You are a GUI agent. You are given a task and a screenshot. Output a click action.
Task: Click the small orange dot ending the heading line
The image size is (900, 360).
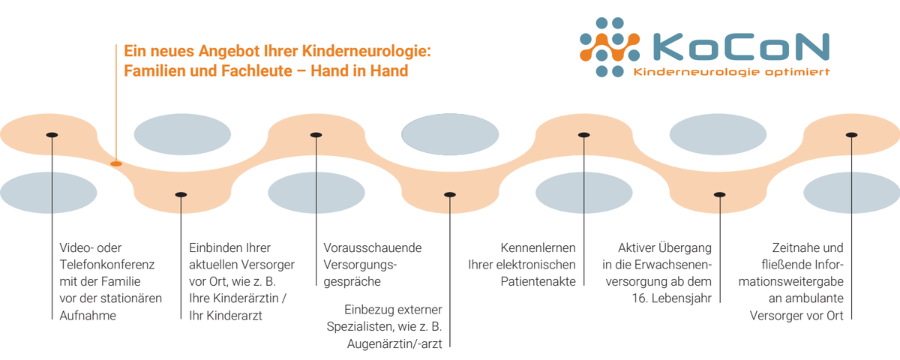pyautogui.click(x=116, y=163)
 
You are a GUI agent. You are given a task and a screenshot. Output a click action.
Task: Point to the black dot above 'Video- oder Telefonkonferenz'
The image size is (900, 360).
pyautogui.click(x=52, y=135)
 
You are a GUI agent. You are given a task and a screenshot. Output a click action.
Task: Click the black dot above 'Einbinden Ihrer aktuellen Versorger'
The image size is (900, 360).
pyautogui.click(x=181, y=194)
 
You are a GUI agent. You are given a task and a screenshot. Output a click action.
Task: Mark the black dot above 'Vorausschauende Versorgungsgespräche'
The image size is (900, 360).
pyautogui.click(x=316, y=135)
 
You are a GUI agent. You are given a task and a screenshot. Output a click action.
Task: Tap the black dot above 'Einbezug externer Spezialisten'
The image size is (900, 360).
pyautogui.click(x=449, y=194)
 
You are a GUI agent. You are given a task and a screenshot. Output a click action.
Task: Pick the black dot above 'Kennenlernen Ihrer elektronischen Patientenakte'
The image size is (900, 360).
pyautogui.click(x=584, y=135)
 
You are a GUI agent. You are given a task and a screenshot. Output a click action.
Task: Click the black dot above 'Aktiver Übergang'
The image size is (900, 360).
pyautogui.click(x=719, y=194)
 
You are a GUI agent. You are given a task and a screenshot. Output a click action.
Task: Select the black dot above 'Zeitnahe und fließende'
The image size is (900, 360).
pyautogui.click(x=851, y=135)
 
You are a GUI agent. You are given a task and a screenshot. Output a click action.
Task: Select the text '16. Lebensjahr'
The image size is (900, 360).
pyautogui.click(x=671, y=298)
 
